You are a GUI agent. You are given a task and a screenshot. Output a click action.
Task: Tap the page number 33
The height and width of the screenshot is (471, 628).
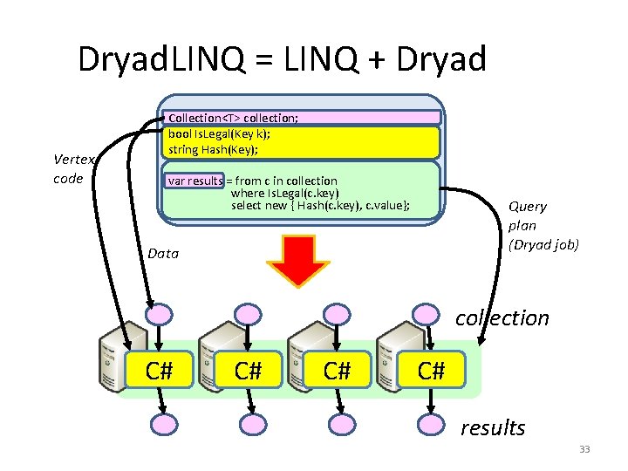point(584,449)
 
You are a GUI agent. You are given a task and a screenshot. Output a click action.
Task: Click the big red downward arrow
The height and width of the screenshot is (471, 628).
point(297,261)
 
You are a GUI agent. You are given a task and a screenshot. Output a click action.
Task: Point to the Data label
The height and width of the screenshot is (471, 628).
point(163,254)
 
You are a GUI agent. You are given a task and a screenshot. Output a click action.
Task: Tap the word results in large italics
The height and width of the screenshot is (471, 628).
point(493,427)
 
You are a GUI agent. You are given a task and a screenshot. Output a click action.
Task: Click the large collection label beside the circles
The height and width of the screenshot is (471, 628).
point(502,317)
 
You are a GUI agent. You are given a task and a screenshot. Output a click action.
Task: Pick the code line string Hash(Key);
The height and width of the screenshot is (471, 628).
point(213,149)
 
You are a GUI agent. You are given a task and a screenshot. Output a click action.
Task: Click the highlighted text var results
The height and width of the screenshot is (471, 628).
point(195,181)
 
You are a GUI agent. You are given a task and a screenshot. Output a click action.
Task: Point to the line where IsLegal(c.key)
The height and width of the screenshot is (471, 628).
point(284,193)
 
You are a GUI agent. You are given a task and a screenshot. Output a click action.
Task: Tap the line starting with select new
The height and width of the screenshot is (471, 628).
point(320,206)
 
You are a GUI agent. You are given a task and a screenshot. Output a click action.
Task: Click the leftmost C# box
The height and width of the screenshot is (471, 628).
point(158,371)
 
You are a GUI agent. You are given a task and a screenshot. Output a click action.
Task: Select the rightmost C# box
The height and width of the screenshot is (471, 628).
point(431,371)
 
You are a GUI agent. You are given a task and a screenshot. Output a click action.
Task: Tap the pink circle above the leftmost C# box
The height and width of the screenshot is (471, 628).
point(158,313)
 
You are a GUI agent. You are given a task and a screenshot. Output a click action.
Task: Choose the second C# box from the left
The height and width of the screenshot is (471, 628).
point(249,371)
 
